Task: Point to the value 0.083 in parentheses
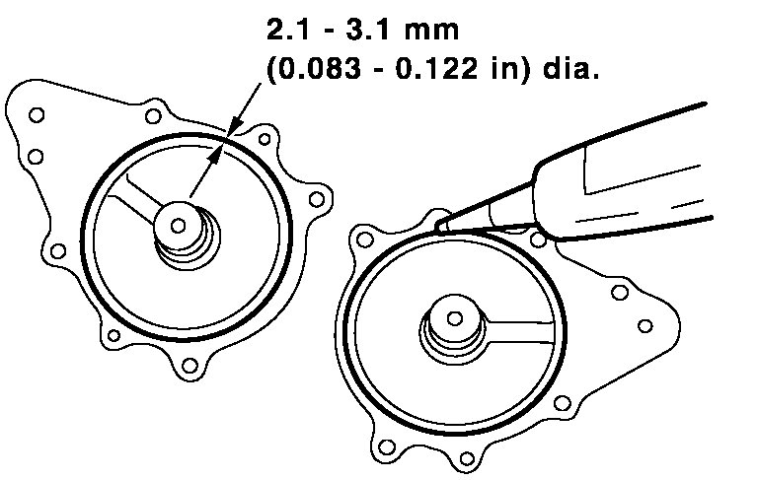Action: pos(320,69)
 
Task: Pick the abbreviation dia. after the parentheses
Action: pos(570,69)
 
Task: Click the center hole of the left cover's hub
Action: pos(179,225)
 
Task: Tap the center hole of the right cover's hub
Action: pos(454,318)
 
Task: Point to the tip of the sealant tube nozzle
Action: pos(439,226)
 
